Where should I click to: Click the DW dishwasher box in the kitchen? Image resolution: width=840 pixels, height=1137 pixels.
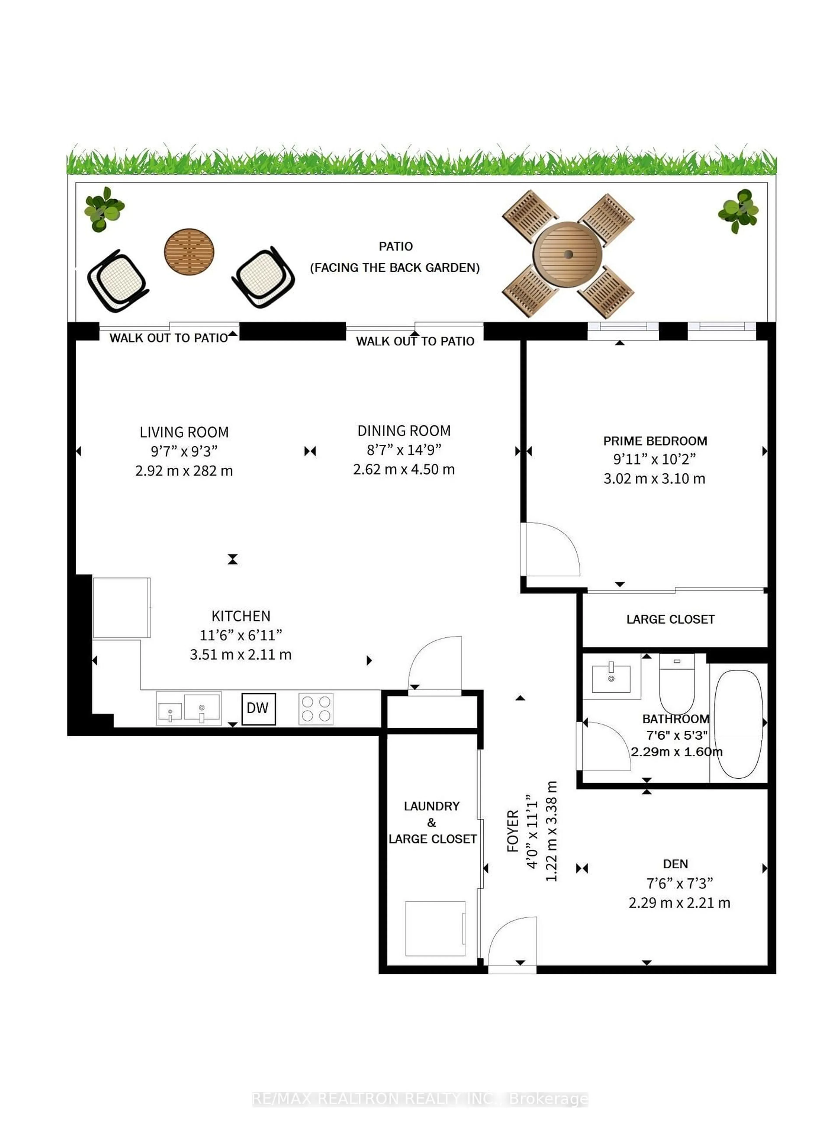258,708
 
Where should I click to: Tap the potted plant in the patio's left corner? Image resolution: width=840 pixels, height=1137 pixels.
104,209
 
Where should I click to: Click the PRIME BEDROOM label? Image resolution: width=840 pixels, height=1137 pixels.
655,441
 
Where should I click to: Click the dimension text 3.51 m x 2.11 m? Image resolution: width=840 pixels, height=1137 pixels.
240,654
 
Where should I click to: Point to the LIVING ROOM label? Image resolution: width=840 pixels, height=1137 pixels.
184,432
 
